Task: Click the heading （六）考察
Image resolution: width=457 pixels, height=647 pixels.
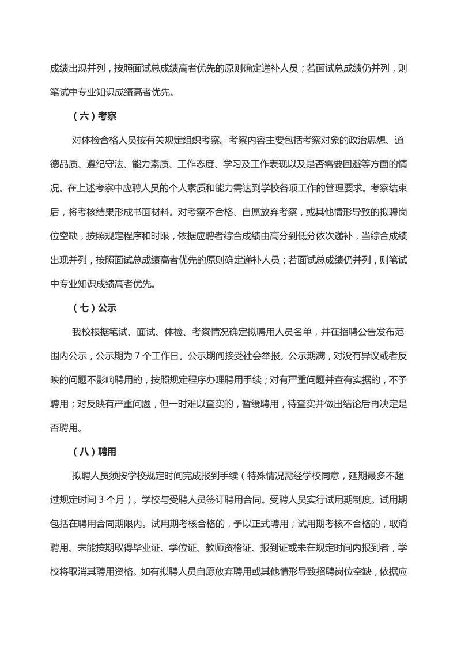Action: coord(95,116)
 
